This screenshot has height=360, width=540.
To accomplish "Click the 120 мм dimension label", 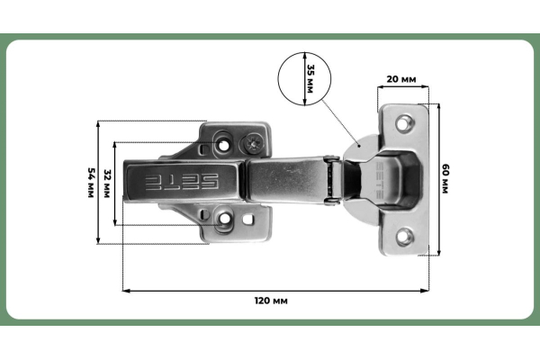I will pos(271,300).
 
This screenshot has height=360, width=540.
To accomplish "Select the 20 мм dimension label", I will pos(401,79).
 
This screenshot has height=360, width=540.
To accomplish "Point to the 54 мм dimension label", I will pos(90,183).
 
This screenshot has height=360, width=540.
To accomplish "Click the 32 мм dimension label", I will pos(107,183).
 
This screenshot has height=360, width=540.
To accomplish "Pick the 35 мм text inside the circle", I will pos(310,79).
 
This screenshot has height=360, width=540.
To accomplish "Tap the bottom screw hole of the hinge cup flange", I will pos(405,237).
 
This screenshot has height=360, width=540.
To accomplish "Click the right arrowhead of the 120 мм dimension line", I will pos(425,290).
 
